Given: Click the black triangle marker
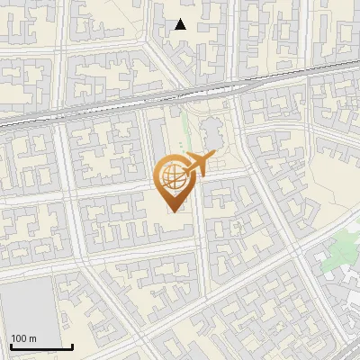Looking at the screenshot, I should pyautogui.click(x=181, y=24).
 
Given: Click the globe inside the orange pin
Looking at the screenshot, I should pyautogui.click(x=171, y=175).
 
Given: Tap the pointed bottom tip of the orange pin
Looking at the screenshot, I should pyautogui.click(x=171, y=211).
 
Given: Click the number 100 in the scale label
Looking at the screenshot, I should pyautogui.click(x=20, y=339).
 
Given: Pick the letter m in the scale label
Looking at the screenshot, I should pyautogui.click(x=34, y=339).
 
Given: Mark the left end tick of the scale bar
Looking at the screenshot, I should pyautogui.click(x=10, y=346).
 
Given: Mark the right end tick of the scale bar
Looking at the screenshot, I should pyautogui.click(x=72, y=346).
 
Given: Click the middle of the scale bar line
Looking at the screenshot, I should pyautogui.click(x=40, y=347).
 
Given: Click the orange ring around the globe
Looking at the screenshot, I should pyautogui.click(x=159, y=175).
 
